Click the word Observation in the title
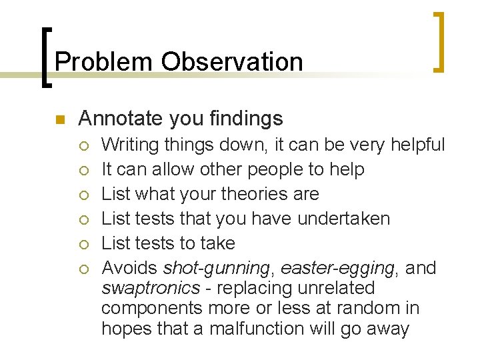coord(231,62)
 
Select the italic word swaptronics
coord(151,288)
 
